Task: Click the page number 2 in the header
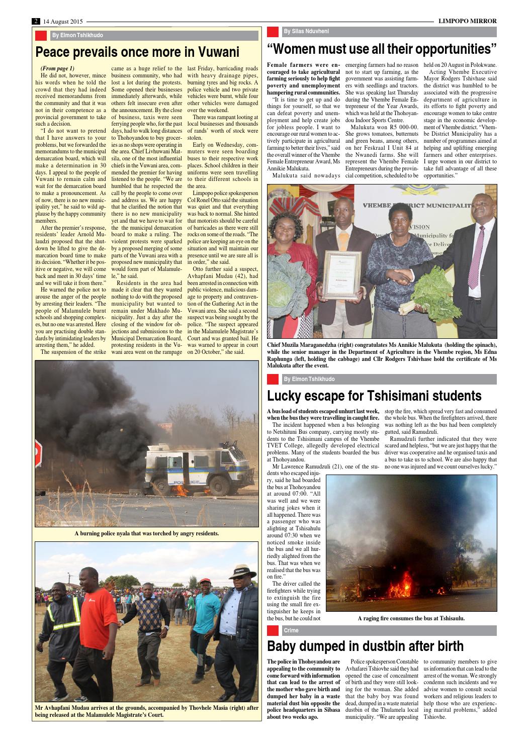pyautogui.click(x=36, y=21)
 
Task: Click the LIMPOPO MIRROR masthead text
pyautogui.click(x=467, y=21)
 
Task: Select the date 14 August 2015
pyautogui.click(x=63, y=21)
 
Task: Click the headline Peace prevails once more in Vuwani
pyautogui.click(x=137, y=52)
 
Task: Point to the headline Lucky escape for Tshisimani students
pyautogui.click(x=374, y=395)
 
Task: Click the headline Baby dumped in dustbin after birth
pyautogui.click(x=365, y=645)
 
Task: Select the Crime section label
pyautogui.click(x=291, y=630)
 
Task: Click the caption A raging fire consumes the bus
pyautogui.click(x=411, y=618)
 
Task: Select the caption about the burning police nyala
pyautogui.click(x=146, y=533)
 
